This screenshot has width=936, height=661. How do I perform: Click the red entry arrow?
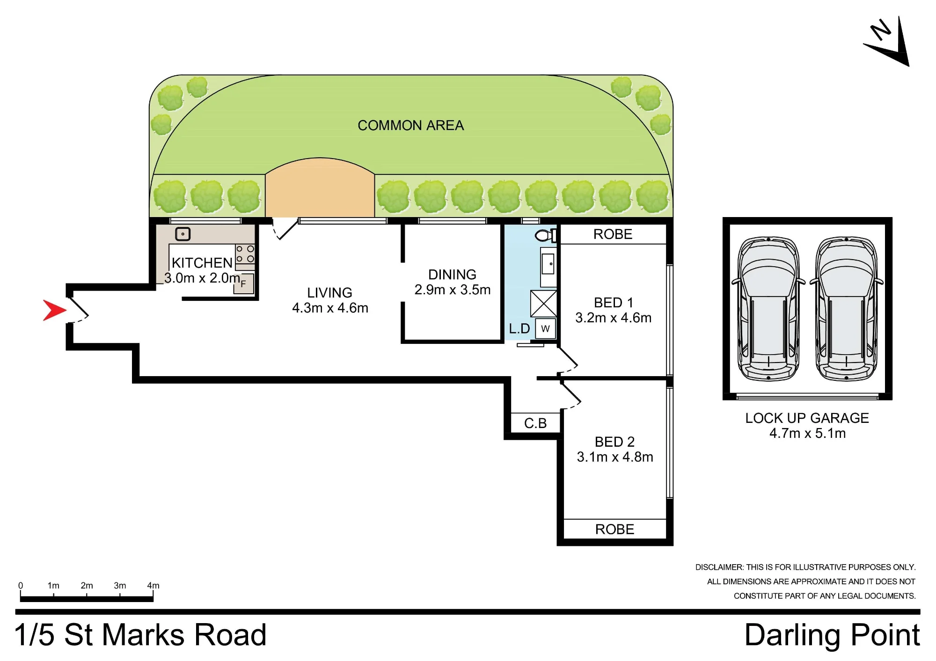tap(54, 310)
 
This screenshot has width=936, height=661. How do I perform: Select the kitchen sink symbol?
tap(183, 234)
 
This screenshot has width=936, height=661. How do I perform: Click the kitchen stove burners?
tap(245, 254)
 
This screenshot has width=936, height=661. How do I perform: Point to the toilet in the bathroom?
tap(546, 235)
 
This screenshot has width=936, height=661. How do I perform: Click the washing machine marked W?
tap(545, 328)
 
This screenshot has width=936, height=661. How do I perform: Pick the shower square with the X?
tap(543, 304)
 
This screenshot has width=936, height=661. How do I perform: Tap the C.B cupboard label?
tap(535, 423)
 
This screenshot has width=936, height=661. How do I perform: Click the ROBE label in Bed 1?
tap(613, 234)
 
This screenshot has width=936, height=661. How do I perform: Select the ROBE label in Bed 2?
tap(614, 529)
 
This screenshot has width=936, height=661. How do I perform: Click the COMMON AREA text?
tap(410, 125)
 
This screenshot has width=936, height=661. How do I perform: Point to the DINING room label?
tap(452, 275)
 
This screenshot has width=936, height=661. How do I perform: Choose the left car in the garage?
tap(768, 309)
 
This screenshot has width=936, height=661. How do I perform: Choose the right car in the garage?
tap(846, 309)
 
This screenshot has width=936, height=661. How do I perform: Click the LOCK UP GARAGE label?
tap(807, 418)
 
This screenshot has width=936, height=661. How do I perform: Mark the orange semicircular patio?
tap(320, 187)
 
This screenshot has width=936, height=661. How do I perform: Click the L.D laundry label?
tap(519, 328)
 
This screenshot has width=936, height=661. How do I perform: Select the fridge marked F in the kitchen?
tap(244, 283)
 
